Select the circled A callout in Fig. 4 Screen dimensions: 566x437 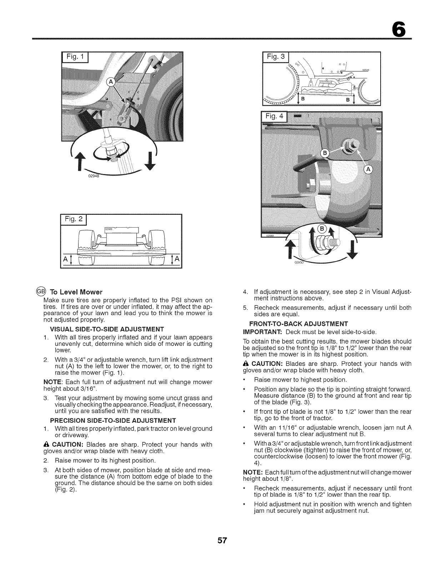368,170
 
